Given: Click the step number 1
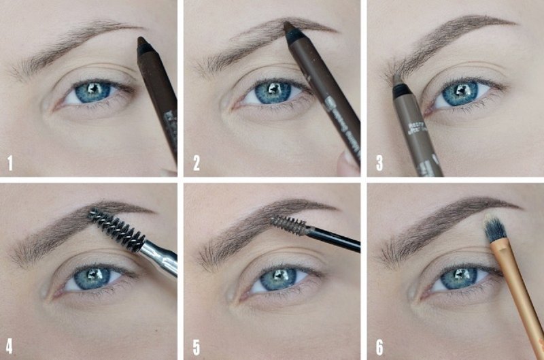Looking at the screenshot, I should tap(10, 163).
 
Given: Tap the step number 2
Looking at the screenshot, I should tap(196, 163).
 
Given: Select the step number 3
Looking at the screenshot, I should tap(379, 163).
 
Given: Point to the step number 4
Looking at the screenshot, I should tap(10, 345).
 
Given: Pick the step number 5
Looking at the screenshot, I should tap(197, 345).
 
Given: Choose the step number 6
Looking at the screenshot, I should tap(379, 345).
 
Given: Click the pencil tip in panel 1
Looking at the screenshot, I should tap(143, 44).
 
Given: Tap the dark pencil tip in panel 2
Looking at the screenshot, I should tap(290, 29).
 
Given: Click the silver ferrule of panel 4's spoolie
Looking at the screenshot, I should tap(158, 255).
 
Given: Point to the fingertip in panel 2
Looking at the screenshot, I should tap(348, 163).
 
